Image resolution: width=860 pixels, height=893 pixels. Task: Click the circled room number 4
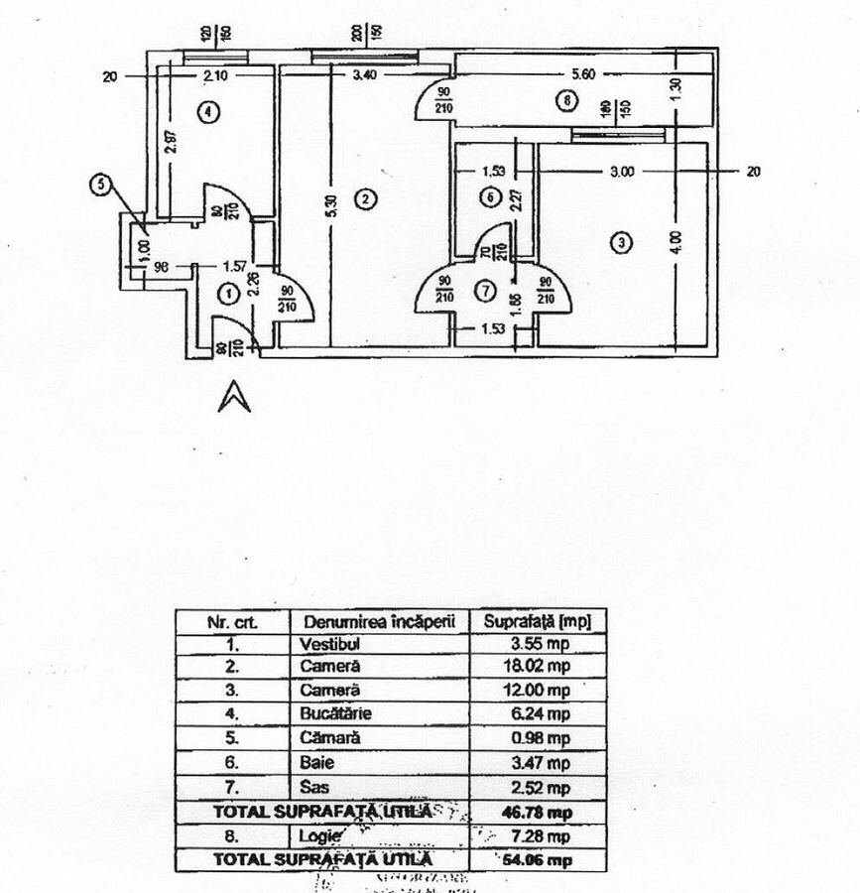click(x=207, y=112)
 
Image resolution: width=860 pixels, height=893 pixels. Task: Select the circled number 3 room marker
click(x=622, y=243)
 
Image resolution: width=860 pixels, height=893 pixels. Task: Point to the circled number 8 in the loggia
click(x=565, y=100)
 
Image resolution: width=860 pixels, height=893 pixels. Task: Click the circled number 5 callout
click(x=100, y=184)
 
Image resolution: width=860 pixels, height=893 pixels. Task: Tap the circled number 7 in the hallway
click(x=485, y=292)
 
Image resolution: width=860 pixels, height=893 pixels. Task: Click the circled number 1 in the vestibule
click(x=227, y=293)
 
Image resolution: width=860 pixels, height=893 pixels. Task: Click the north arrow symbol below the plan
click(x=234, y=396)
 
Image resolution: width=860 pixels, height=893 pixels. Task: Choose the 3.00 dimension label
click(x=622, y=172)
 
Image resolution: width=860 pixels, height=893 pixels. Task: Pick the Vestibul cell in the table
click(x=328, y=643)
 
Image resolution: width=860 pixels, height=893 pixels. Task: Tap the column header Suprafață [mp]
click(x=537, y=621)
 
